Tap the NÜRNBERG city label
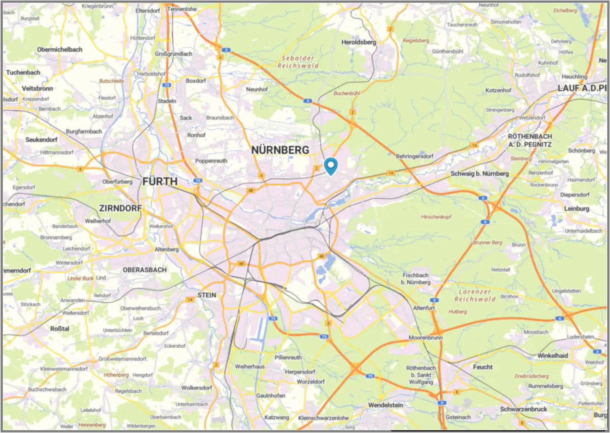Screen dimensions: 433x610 click(x=280, y=150)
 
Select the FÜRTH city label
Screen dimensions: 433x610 click(x=160, y=181)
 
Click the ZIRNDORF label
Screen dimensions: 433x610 click(x=120, y=208)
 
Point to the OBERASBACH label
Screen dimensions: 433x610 click(x=145, y=270)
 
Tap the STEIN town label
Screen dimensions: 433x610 click(x=207, y=295)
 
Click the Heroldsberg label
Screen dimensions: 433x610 click(x=359, y=42)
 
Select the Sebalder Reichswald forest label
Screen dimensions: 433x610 click(x=298, y=62)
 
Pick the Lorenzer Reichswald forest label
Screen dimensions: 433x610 click(x=475, y=295)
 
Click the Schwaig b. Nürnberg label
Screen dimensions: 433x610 click(x=479, y=174)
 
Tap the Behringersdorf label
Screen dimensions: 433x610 click(x=415, y=156)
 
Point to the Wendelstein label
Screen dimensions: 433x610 click(x=386, y=405)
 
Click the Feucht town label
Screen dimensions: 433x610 click(x=483, y=367)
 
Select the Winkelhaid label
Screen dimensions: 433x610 click(x=553, y=356)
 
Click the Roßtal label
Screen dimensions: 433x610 click(x=60, y=329)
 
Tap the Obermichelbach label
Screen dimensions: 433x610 click(x=60, y=50)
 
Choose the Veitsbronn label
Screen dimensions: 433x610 click(x=37, y=88)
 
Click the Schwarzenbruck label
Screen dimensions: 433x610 click(x=523, y=409)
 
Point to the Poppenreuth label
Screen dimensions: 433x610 click(x=211, y=161)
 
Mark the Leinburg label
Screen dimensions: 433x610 click(x=576, y=209)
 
